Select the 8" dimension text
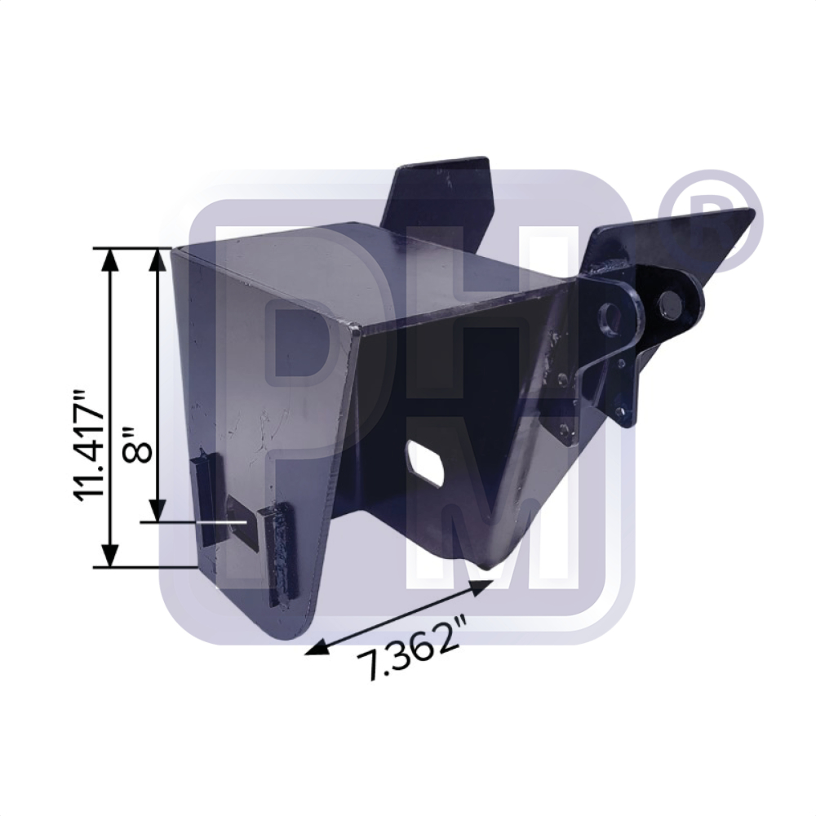(137, 445)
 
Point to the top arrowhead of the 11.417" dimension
(110, 259)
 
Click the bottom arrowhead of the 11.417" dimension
(110, 556)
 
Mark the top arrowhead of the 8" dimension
(157, 259)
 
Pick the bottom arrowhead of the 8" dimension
(157, 511)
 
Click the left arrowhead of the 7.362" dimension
(317, 648)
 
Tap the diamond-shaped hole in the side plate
(427, 459)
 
